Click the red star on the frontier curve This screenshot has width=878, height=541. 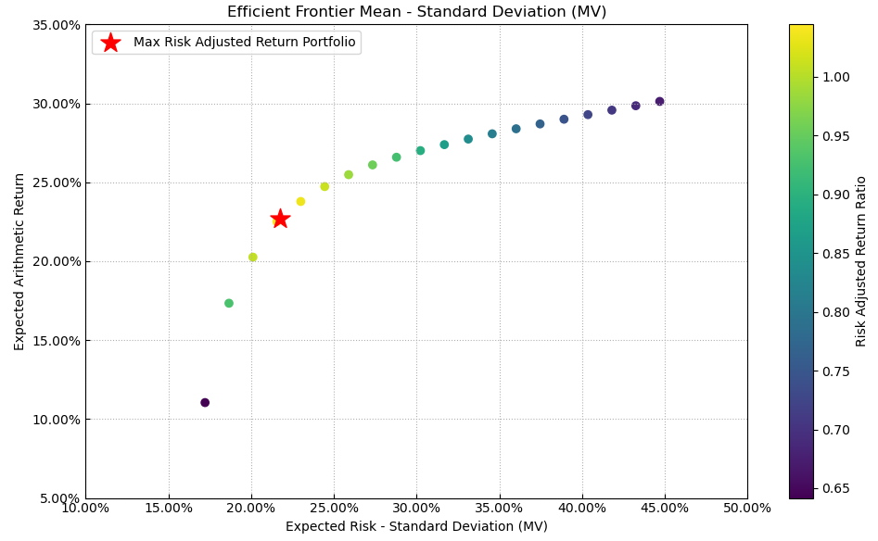(x=280, y=219)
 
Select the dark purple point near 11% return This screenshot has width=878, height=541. (x=205, y=403)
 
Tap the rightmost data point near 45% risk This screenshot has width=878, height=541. (x=659, y=102)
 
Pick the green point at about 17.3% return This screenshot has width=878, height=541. (x=229, y=304)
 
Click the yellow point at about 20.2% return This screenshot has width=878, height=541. (x=252, y=258)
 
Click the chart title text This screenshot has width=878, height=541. (x=416, y=12)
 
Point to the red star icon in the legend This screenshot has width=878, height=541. (x=110, y=43)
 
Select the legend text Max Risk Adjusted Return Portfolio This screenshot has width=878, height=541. (x=244, y=43)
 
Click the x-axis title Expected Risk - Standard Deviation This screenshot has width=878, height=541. (x=416, y=526)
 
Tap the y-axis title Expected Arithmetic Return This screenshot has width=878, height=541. (x=20, y=261)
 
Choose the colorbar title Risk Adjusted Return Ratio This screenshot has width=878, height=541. (x=861, y=261)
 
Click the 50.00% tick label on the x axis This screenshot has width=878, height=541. (x=746, y=508)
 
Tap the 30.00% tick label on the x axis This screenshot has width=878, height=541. (x=415, y=508)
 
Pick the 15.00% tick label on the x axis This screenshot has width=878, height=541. (x=168, y=508)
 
